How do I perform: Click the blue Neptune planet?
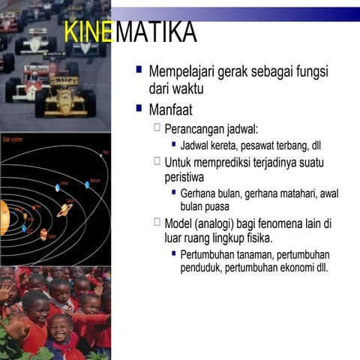tap(87, 184)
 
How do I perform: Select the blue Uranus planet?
tap(57, 187)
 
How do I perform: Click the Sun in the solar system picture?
tap(4, 217)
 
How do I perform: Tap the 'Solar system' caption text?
tap(13, 140)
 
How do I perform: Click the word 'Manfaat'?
tap(171, 110)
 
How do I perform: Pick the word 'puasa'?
tap(214, 206)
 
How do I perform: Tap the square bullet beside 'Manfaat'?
tap(139, 109)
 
